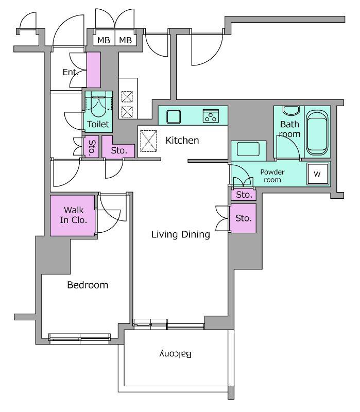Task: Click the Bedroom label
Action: click(x=88, y=285)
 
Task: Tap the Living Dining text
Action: click(x=181, y=234)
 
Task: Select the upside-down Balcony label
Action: click(x=176, y=354)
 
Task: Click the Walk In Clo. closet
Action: click(x=73, y=215)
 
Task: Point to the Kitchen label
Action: click(x=182, y=140)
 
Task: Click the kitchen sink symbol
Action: click(x=174, y=117)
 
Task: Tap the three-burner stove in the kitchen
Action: click(x=211, y=116)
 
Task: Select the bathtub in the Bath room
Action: click(x=317, y=132)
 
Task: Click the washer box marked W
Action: click(x=318, y=174)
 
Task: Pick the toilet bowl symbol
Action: click(x=98, y=104)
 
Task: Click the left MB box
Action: click(x=104, y=40)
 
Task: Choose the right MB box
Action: click(x=126, y=40)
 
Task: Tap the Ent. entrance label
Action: click(x=71, y=72)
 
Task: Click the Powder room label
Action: click(x=272, y=176)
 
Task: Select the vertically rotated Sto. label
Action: click(x=92, y=148)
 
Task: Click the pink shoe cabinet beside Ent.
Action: click(x=94, y=70)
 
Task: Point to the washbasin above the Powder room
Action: click(x=248, y=149)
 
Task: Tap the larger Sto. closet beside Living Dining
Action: click(x=243, y=218)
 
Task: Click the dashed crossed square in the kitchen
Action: click(x=148, y=141)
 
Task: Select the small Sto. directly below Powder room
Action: click(x=244, y=195)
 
